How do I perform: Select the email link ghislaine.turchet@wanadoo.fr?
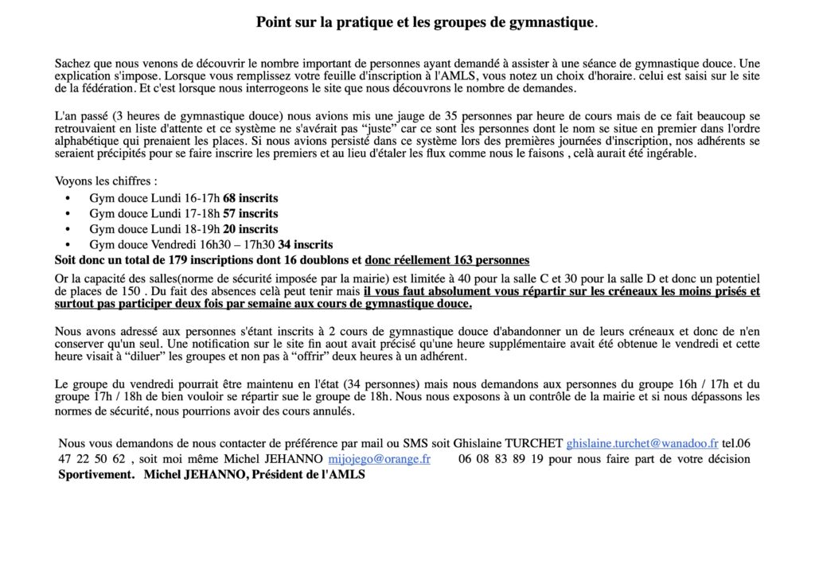coord(642,443)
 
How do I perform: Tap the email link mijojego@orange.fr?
coord(379,459)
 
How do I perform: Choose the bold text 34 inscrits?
coord(306,244)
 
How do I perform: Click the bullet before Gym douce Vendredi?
coord(68,245)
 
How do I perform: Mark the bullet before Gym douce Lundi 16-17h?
coord(68,198)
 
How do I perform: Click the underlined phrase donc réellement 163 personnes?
coord(446,260)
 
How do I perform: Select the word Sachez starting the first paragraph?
coord(72,63)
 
